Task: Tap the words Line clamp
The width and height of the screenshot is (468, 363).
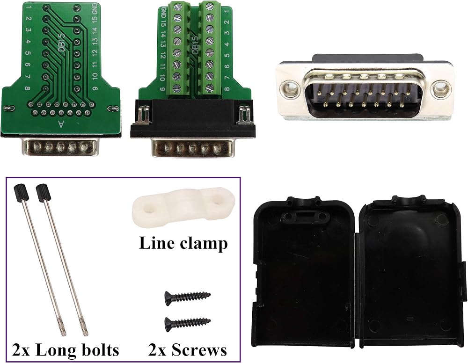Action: (183, 243)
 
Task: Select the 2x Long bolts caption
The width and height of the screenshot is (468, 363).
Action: (66, 350)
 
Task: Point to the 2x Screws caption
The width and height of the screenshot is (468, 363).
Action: (188, 350)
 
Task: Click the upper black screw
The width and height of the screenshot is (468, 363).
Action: (188, 297)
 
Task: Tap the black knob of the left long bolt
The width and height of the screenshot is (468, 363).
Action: (21, 193)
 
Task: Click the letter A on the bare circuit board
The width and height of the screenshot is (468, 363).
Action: (61, 124)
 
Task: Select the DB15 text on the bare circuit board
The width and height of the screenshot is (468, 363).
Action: (61, 43)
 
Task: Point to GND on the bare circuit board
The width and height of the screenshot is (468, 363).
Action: (95, 8)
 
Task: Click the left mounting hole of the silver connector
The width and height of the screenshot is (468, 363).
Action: (290, 87)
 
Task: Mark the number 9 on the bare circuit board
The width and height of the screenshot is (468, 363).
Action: (95, 88)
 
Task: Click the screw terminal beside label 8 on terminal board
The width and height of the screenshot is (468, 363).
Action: (210, 87)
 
